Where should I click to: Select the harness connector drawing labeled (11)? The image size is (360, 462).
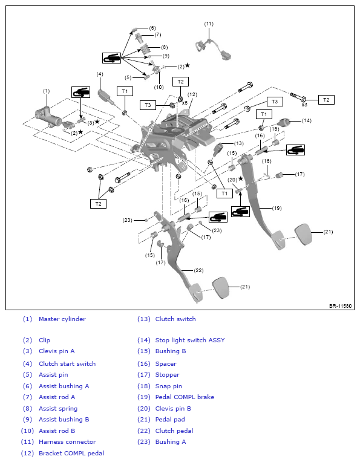[x=213, y=49]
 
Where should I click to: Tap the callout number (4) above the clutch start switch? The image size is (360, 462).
[x=100, y=74]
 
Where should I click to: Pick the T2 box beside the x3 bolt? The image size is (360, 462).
[x=326, y=100]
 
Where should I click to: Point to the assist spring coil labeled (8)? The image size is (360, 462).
[x=145, y=48]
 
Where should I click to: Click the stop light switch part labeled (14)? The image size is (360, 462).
[x=285, y=122]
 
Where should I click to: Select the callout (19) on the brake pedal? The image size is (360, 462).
[x=277, y=208]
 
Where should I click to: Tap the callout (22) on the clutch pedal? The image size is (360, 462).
[x=198, y=270]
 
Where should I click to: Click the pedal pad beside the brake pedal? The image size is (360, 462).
[x=303, y=234]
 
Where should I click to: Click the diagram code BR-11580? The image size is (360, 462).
[x=340, y=306]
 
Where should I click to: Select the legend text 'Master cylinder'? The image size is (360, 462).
[x=62, y=319]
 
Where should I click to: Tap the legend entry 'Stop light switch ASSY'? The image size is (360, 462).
[x=190, y=340]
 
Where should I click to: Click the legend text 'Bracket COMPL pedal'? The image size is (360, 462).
[x=71, y=453]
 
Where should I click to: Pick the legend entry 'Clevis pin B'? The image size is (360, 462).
[x=173, y=408]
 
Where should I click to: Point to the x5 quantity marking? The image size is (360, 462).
[x=185, y=103]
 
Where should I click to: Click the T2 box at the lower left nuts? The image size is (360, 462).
[x=98, y=204]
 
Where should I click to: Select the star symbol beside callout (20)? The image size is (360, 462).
[x=241, y=178]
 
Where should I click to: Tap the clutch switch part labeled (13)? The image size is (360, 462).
[x=218, y=150]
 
